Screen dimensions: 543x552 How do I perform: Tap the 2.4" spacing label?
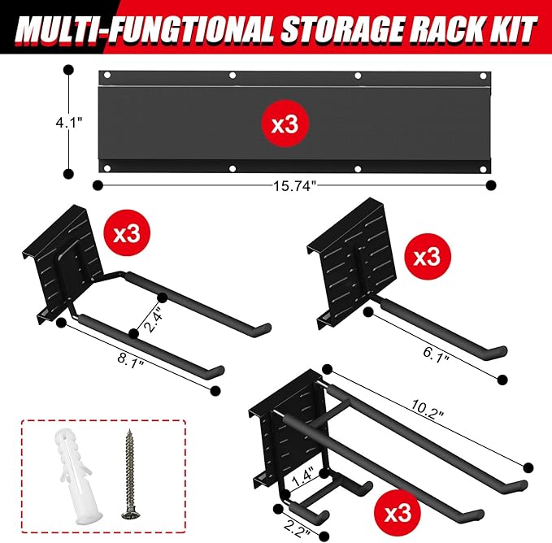point(153,312)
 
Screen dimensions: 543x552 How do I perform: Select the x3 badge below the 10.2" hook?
point(397,514)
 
